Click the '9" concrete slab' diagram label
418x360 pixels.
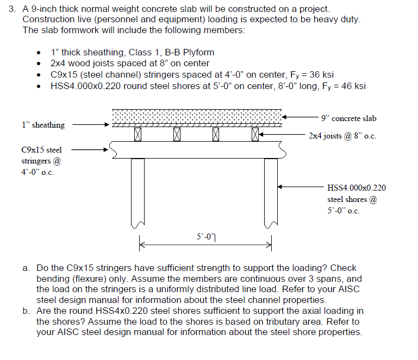348,118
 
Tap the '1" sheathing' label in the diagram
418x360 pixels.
43,125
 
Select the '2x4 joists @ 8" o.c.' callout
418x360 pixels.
342,135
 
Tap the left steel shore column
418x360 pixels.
138,190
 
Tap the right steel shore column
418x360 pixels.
271,190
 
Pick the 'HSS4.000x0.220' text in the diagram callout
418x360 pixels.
357,188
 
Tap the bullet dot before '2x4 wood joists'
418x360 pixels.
38,64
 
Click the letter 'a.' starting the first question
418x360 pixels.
27,268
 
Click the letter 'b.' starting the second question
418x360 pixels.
27,311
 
